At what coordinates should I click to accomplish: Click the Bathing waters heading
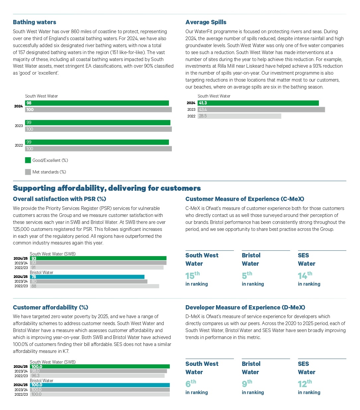(x=35, y=22)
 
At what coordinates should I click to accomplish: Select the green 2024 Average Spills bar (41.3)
(x=258, y=103)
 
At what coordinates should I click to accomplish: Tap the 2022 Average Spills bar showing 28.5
(x=239, y=116)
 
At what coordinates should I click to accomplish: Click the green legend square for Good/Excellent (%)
(x=28, y=160)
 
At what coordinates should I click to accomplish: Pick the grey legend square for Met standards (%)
(x=28, y=172)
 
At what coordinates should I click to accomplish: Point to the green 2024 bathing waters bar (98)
(x=97, y=103)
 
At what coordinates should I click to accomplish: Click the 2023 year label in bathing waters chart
(x=19, y=126)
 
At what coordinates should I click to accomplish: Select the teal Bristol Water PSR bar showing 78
(x=87, y=277)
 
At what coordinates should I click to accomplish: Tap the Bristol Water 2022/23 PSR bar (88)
(x=95, y=286)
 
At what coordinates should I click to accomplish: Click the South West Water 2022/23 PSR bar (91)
(x=97, y=267)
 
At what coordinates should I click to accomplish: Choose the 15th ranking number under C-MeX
(x=192, y=276)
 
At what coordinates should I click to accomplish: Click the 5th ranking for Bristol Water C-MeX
(x=247, y=276)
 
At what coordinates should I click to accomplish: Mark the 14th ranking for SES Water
(x=305, y=276)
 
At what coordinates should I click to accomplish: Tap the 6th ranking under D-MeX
(x=190, y=384)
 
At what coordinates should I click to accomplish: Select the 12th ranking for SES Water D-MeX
(x=305, y=384)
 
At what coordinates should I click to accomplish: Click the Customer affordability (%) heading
(x=50, y=307)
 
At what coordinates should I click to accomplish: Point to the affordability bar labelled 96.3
(x=97, y=376)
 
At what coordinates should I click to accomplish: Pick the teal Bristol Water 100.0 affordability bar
(x=100, y=385)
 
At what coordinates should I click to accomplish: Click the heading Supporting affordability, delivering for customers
(x=107, y=188)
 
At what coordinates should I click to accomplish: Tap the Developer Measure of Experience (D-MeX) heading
(x=245, y=307)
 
